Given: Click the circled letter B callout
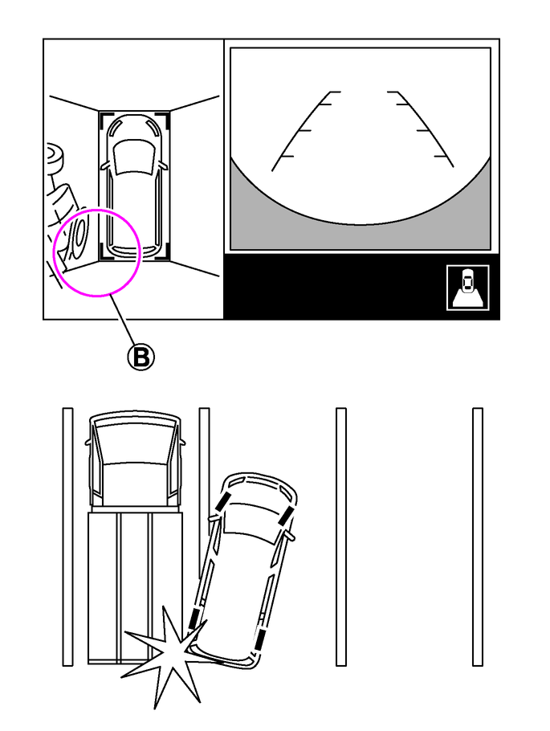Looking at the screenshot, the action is (141, 357).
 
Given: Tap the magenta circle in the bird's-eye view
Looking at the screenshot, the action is (54, 251).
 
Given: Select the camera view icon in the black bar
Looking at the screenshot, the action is (467, 288).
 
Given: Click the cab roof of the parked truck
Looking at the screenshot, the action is (134, 485).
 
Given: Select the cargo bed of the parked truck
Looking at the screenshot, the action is (135, 587).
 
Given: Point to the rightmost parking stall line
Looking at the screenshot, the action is (477, 537).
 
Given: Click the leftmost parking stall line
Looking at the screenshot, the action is (67, 537).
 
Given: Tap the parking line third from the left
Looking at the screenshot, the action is (340, 537).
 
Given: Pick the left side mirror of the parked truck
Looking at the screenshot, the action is (88, 440).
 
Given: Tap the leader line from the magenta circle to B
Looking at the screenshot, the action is (122, 321).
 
